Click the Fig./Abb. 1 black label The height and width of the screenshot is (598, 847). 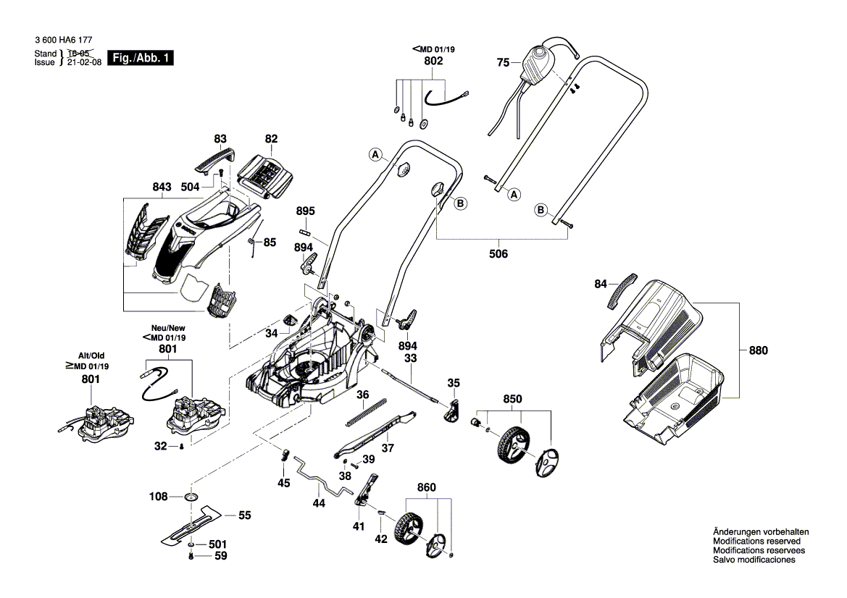141,58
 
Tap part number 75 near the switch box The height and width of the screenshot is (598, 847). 504,63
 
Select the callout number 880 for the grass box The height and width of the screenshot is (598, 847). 758,350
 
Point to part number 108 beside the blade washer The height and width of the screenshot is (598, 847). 158,497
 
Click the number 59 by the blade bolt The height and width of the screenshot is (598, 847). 218,557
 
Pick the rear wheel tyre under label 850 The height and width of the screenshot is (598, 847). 511,442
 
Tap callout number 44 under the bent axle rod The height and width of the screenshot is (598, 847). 319,502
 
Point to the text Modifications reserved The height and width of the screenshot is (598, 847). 756,541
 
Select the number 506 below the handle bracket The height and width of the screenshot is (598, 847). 498,254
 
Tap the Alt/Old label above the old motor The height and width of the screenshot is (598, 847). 91,355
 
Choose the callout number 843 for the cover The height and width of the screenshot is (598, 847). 162,187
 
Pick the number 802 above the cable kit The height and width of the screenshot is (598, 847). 433,62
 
